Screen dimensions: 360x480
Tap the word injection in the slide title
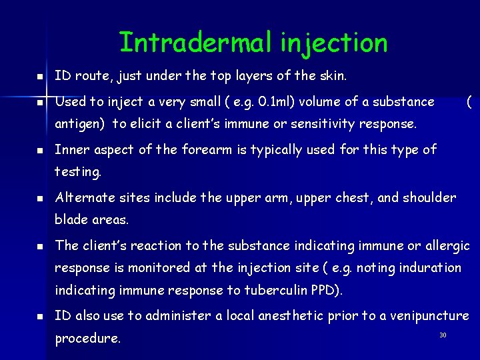(x=333, y=43)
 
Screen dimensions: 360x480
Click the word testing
(x=77, y=171)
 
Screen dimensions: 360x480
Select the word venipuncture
(x=425, y=315)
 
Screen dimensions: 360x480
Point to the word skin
(x=331, y=76)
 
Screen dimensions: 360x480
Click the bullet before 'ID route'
(x=39, y=77)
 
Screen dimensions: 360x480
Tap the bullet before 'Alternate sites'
(x=39, y=199)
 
